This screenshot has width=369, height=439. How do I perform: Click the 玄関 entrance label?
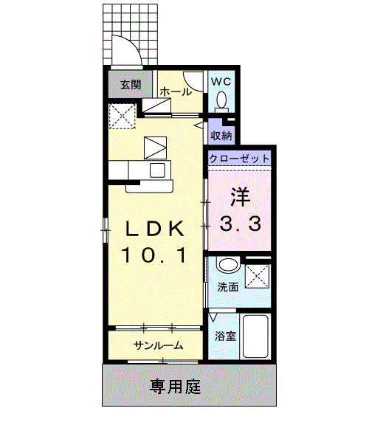131,85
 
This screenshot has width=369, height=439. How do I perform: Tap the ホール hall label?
176,91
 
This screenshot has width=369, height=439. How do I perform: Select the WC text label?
221,82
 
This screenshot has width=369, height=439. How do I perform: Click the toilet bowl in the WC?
221,100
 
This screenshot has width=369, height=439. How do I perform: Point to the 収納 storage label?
221,136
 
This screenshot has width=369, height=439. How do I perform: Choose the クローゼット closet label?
239,159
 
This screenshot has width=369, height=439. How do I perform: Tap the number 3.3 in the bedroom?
240,224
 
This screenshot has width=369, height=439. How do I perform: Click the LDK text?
154,229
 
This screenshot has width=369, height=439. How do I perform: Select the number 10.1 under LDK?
154,255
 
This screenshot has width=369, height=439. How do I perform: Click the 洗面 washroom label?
228,287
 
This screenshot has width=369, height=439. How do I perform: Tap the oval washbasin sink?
228,265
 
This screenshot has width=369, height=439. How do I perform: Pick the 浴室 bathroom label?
225,336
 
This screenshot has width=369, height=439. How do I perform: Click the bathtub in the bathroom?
255,336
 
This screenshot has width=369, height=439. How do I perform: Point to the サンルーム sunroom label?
159,346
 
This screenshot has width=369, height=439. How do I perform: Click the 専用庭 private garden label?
175,387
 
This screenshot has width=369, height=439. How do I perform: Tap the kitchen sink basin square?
157,170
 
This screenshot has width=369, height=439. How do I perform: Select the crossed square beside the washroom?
258,276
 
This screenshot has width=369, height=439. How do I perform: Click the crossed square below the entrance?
122,116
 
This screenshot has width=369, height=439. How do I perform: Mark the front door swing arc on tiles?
132,45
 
